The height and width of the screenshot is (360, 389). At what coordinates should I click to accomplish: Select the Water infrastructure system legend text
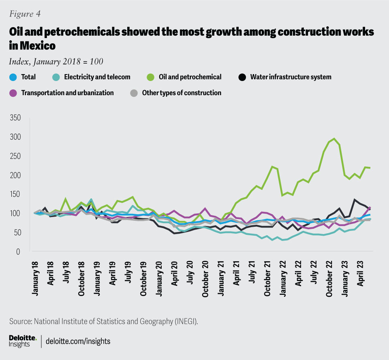(x=290, y=77)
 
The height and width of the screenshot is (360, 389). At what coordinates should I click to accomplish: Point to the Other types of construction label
(x=182, y=93)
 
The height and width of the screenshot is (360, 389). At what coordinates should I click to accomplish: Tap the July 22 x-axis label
(x=314, y=275)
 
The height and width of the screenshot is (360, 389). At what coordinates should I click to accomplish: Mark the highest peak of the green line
(x=333, y=139)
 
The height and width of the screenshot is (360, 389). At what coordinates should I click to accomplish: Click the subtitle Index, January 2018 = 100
(x=56, y=62)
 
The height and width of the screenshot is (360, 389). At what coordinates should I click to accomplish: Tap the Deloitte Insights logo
(x=23, y=341)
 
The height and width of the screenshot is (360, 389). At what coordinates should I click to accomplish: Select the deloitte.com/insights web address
(x=78, y=341)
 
